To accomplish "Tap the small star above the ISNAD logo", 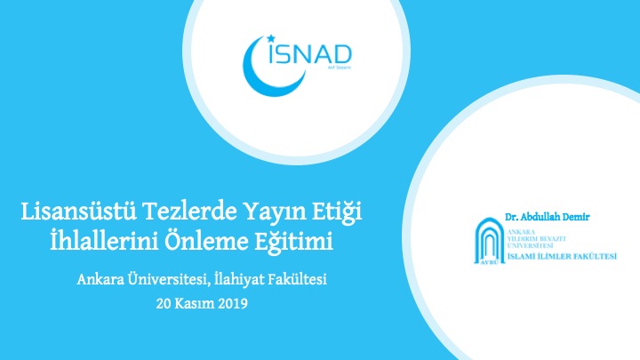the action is click(270, 39).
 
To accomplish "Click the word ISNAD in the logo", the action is click(310, 53).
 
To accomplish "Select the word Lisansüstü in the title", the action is click(78, 212).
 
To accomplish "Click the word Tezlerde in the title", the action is click(190, 212).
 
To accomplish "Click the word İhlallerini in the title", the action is click(104, 241).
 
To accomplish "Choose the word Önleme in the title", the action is click(205, 241).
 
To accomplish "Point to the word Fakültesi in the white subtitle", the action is click(298, 280).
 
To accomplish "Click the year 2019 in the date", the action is click(233, 304).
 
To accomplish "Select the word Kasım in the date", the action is click(195, 304).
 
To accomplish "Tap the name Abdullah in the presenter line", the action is click(542, 217).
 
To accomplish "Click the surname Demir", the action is click(578, 217).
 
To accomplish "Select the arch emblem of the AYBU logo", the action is click(490, 241).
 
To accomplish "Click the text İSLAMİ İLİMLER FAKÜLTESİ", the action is click(562, 256).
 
